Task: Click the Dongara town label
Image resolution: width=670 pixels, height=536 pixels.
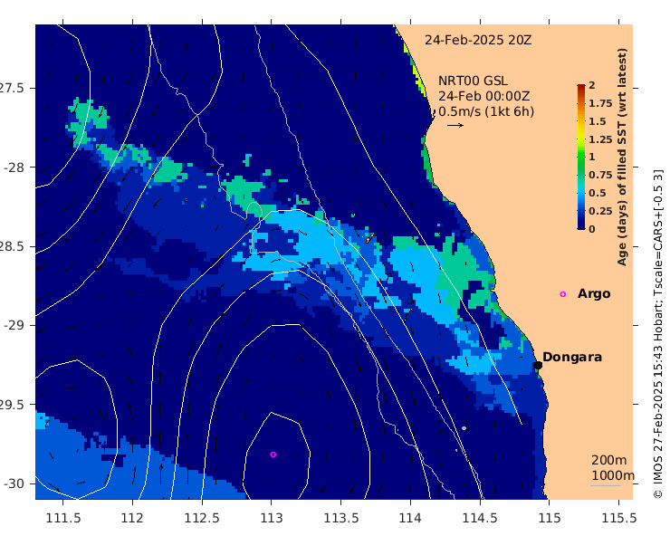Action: (x=572, y=358)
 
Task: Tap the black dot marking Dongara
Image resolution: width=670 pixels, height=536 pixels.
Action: (x=538, y=365)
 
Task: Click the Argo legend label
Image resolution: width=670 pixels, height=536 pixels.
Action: (x=594, y=293)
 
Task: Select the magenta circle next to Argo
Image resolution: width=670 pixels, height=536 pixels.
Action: (x=563, y=294)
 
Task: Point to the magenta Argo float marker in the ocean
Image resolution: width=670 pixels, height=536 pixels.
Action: (x=273, y=455)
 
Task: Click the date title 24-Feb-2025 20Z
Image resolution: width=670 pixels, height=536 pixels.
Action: (x=478, y=40)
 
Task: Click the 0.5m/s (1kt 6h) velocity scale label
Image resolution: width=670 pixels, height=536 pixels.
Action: (x=486, y=111)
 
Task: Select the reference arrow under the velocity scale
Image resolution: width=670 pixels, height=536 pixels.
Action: (x=455, y=125)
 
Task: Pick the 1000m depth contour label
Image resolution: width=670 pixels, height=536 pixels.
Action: (x=613, y=475)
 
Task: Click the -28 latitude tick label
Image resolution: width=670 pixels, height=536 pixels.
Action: (x=17, y=167)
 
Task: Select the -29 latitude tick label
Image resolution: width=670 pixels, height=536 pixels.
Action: (x=17, y=325)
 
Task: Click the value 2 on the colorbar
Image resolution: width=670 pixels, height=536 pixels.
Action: (x=591, y=85)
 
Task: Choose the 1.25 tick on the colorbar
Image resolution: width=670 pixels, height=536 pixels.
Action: (x=599, y=139)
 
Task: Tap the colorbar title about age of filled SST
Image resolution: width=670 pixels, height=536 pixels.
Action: (x=623, y=158)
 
